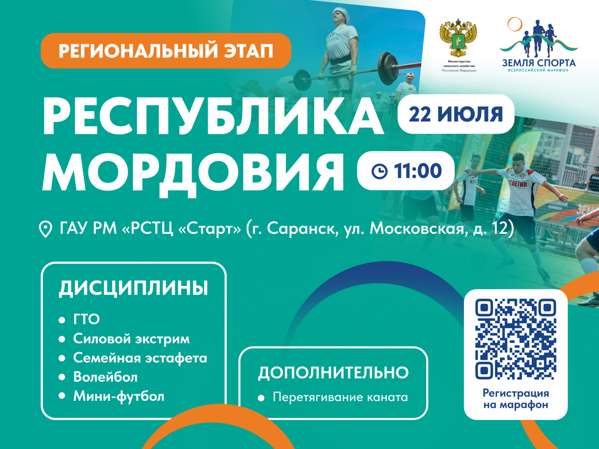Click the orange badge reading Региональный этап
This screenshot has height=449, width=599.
166,51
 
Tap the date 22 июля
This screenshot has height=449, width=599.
456,114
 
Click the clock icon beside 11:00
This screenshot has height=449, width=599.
379,171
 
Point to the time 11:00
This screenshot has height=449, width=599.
418,171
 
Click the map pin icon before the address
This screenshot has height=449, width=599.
45,229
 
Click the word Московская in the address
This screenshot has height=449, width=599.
417,228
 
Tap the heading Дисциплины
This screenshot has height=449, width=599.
133,288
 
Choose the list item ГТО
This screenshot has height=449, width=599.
86,319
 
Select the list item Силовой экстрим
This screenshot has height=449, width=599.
131,339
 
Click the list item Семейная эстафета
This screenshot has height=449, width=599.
140,358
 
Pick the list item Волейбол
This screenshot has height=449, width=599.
105,377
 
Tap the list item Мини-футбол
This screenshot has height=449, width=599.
119,396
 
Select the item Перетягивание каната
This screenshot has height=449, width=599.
340,397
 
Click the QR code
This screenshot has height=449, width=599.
516,339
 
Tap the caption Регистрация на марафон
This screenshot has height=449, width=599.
516,399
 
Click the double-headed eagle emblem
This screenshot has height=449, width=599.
458,38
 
